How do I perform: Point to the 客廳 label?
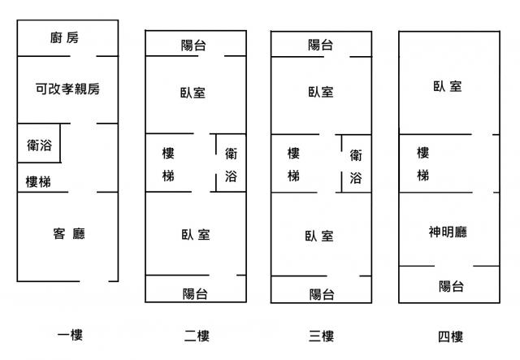click(x=69, y=234)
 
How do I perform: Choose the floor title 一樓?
click(x=70, y=335)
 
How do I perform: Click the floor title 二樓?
click(x=194, y=336)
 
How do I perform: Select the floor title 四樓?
click(x=448, y=336)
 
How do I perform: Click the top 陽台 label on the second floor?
click(x=193, y=46)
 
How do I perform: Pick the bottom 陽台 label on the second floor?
click(x=195, y=293)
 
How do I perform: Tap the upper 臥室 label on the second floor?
click(x=193, y=93)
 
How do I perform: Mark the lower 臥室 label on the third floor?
click(x=319, y=236)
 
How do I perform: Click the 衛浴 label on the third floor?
click(x=356, y=166)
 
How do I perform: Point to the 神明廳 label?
click(x=448, y=232)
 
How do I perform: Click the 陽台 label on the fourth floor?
click(x=451, y=286)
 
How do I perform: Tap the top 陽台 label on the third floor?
click(x=320, y=46)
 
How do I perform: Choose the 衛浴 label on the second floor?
click(x=231, y=164)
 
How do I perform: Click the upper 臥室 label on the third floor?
click(x=320, y=93)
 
